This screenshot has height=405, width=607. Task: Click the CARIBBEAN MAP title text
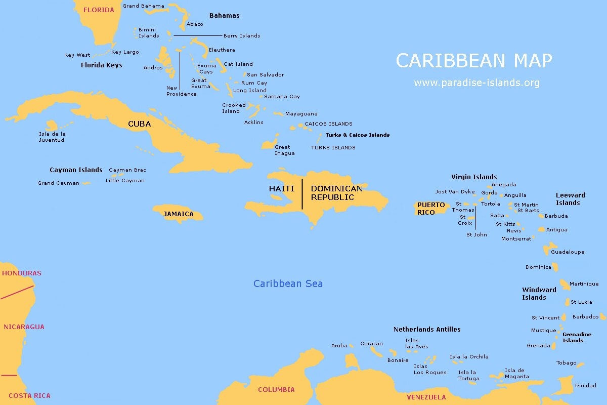473,61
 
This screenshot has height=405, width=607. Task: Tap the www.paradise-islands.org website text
476,83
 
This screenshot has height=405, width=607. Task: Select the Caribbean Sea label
288,283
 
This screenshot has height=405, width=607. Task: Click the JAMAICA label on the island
178,214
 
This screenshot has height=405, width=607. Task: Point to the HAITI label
281,188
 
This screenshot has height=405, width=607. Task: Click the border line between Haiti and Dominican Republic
302,194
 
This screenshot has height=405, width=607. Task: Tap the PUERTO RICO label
431,209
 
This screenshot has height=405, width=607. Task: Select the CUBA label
139,124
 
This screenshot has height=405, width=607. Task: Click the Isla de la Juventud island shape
52,125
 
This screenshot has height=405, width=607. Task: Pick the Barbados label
585,317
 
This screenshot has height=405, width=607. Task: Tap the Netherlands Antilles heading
427,330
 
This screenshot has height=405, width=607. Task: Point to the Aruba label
339,346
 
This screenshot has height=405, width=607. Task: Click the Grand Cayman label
58,183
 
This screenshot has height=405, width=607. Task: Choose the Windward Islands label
539,294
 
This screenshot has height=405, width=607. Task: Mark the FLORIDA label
99,10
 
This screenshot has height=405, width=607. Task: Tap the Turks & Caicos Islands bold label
357,135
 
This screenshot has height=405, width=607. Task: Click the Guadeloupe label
567,252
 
